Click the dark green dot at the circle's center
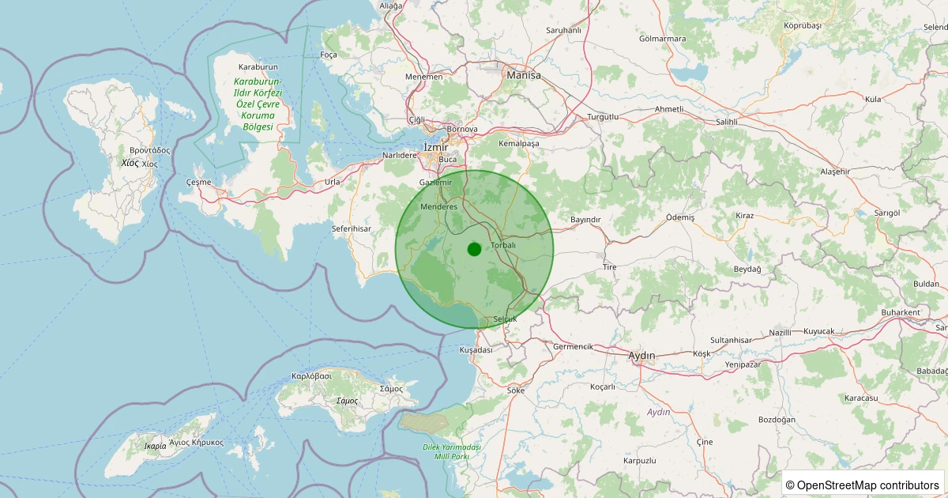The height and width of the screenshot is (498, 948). click(x=474, y=250)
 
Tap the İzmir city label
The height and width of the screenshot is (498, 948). click(x=435, y=147)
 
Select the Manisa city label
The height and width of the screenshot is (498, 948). click(x=525, y=75)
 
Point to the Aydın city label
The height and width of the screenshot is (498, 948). click(x=641, y=356)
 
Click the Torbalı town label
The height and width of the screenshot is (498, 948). click(x=503, y=245)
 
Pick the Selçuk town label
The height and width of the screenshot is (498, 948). click(x=504, y=319)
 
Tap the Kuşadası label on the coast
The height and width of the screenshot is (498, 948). click(x=476, y=349)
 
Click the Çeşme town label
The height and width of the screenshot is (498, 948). click(x=198, y=182)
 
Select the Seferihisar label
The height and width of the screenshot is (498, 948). click(x=351, y=228)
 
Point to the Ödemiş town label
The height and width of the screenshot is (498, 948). click(x=680, y=217)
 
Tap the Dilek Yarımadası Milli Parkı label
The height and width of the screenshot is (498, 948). click(x=452, y=452)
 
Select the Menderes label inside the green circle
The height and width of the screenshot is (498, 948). click(x=439, y=206)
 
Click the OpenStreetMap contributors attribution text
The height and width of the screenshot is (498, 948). click(x=862, y=485)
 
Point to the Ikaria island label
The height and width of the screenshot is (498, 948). click(x=156, y=446)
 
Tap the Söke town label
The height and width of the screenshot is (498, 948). click(x=516, y=390)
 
